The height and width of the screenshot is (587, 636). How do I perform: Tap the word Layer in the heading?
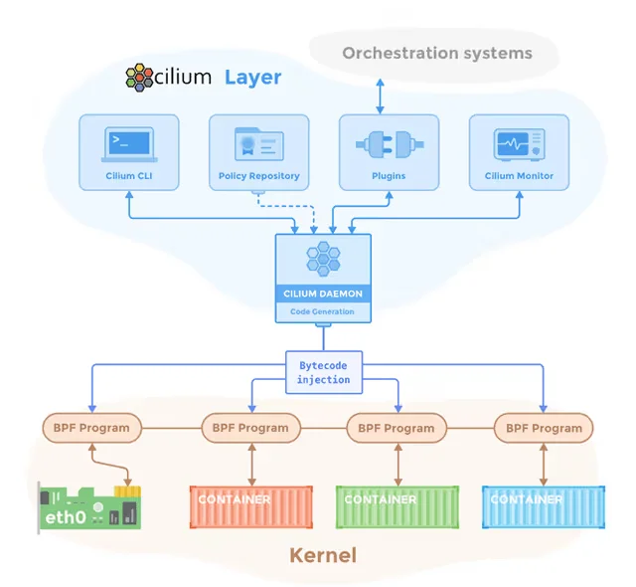pyautogui.click(x=252, y=77)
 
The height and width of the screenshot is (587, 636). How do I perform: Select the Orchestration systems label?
pyautogui.click(x=437, y=53)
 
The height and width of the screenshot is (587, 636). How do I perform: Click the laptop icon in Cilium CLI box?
pyautogui.click(x=129, y=145)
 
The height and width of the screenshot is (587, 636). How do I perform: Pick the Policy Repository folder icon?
pyautogui.click(x=258, y=145)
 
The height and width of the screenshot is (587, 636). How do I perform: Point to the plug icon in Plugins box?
pyautogui.click(x=389, y=145)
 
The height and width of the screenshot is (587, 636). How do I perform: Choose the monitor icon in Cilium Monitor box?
pyautogui.click(x=519, y=145)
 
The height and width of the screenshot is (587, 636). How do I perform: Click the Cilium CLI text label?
pyautogui.click(x=129, y=176)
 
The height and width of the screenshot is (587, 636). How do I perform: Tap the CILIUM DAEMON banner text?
pyautogui.click(x=323, y=293)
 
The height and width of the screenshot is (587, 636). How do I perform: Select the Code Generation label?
pyautogui.click(x=323, y=311)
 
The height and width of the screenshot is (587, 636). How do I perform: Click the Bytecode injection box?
pyautogui.click(x=324, y=372)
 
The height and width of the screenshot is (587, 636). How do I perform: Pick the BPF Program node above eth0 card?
pyautogui.click(x=91, y=428)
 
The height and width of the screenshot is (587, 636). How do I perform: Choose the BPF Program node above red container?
pyautogui.click(x=250, y=428)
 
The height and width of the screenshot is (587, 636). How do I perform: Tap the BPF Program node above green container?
pyautogui.click(x=397, y=428)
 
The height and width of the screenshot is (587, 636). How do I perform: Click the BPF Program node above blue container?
pyautogui.click(x=544, y=428)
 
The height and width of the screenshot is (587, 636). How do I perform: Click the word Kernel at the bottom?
pyautogui.click(x=323, y=555)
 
